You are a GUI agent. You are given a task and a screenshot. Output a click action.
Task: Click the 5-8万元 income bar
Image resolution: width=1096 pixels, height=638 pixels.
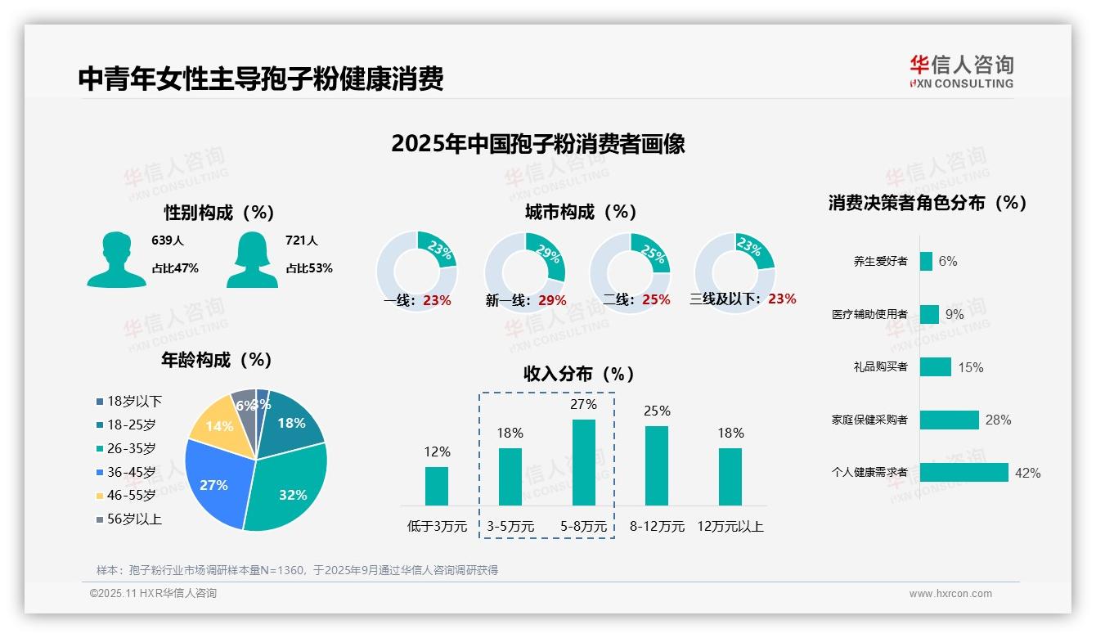pyautogui.click(x=583, y=462)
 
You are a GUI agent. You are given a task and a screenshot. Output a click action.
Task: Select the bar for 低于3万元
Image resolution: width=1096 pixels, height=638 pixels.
pyautogui.click(x=437, y=486)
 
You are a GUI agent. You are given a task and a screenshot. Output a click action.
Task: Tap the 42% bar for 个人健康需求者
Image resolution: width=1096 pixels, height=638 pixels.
pyautogui.click(x=963, y=473)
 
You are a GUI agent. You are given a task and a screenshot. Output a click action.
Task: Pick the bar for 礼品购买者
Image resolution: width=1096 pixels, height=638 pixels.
pyautogui.click(x=935, y=367)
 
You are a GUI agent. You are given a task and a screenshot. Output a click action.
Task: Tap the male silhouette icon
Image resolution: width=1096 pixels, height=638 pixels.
pyautogui.click(x=116, y=260)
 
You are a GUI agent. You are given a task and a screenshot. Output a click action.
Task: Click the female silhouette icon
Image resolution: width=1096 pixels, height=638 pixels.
pyautogui.click(x=252, y=260)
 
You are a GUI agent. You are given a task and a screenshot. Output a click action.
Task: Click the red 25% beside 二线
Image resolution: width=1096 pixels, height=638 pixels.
pyautogui.click(x=656, y=300)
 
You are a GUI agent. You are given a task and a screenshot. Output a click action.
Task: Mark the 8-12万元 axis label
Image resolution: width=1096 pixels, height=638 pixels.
pyautogui.click(x=657, y=527)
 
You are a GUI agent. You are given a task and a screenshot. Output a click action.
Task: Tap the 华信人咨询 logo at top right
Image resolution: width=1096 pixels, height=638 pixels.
pyautogui.click(x=961, y=71)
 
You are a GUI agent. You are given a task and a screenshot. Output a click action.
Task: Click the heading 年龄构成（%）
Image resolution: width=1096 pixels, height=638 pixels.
pyautogui.click(x=217, y=360)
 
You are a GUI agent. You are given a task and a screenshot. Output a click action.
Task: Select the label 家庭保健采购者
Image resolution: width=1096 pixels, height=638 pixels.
pyautogui.click(x=869, y=420)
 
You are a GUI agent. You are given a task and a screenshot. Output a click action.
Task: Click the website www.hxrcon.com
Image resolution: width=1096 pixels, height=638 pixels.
pyautogui.click(x=950, y=594)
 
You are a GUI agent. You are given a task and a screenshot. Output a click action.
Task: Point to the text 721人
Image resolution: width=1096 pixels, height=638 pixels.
pyautogui.click(x=301, y=240)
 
